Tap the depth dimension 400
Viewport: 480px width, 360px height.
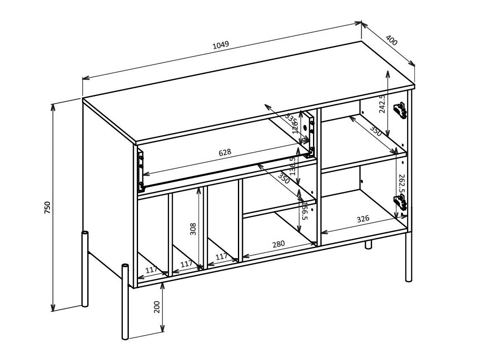click(391, 40)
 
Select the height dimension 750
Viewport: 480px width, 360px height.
click(47, 207)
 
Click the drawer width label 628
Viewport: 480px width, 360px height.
click(225, 153)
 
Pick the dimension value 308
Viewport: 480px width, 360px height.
click(193, 229)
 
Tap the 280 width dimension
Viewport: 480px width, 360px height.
click(278, 244)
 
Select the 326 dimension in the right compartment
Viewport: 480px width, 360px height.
click(363, 219)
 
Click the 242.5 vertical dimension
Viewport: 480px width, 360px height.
click(382, 103)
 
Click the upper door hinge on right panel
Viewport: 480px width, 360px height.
click(400, 111)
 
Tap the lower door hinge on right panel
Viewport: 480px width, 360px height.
click(400, 203)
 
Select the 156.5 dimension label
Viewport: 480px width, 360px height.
click(305, 211)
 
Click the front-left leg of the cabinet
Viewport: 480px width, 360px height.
click(125, 302)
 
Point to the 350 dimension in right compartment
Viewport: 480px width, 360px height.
click(376, 130)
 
